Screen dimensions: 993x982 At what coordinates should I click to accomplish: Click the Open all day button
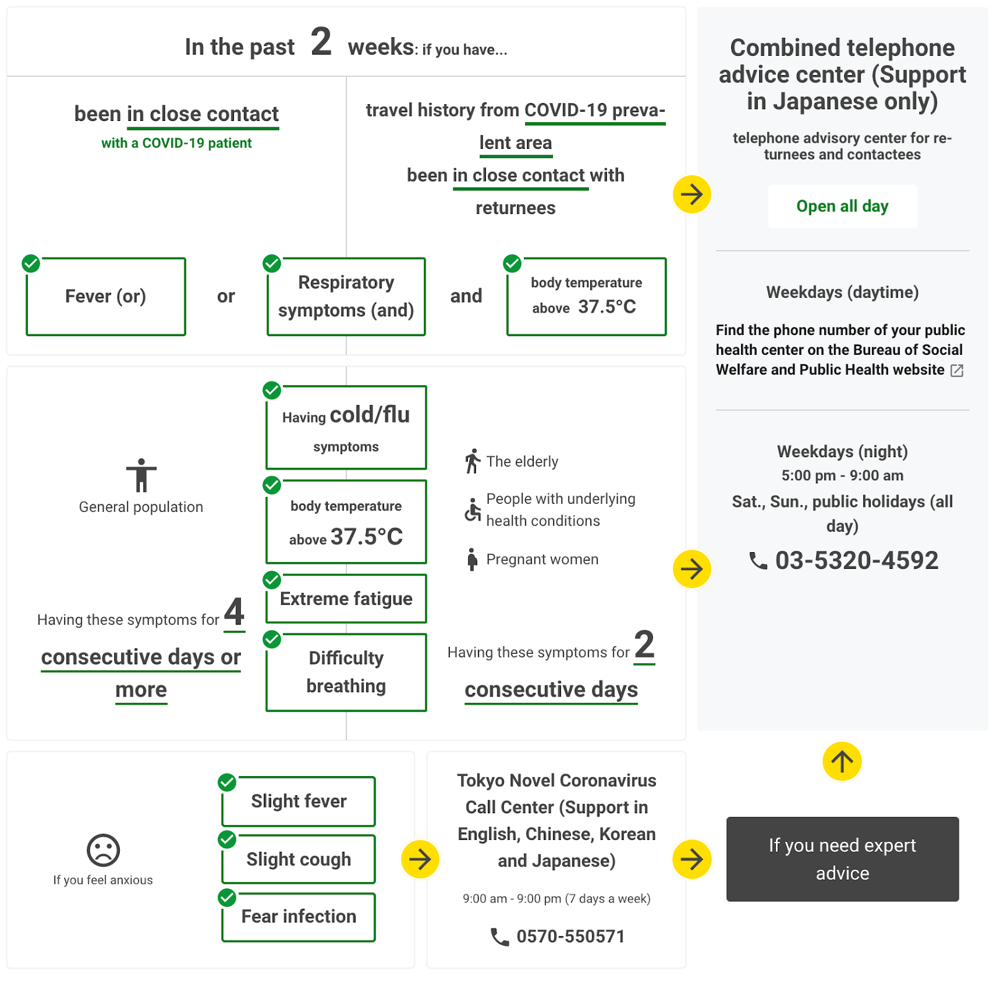(x=842, y=206)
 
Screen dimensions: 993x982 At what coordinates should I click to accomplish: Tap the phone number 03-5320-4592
(x=856, y=560)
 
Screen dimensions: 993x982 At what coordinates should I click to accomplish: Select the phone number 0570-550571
(x=570, y=936)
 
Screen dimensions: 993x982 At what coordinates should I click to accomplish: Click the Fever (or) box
(x=106, y=297)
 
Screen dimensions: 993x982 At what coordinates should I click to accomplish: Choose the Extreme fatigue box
(x=346, y=599)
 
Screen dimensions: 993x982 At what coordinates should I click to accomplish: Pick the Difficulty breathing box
(x=346, y=672)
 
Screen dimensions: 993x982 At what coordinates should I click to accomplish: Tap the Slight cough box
(x=299, y=859)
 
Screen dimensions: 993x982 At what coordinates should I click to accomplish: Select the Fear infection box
(x=299, y=917)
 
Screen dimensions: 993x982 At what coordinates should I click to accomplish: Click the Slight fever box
(x=299, y=801)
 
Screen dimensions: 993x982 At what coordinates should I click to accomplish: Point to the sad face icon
(x=103, y=850)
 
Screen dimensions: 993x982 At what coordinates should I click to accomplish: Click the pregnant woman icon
(x=472, y=559)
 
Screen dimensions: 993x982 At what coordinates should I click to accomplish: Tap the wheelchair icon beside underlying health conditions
(x=473, y=510)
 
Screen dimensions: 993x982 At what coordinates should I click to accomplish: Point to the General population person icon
(x=142, y=475)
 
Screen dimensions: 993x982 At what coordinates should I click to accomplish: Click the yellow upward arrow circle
(x=842, y=761)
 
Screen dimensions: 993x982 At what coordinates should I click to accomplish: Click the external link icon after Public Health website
(x=958, y=370)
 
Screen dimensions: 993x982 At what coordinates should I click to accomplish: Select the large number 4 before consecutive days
(x=234, y=612)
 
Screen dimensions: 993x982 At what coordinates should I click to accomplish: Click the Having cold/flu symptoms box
(x=346, y=427)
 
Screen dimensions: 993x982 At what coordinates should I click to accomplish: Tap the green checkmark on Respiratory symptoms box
(x=272, y=264)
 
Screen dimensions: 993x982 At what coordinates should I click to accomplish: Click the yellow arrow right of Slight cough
(x=420, y=859)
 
